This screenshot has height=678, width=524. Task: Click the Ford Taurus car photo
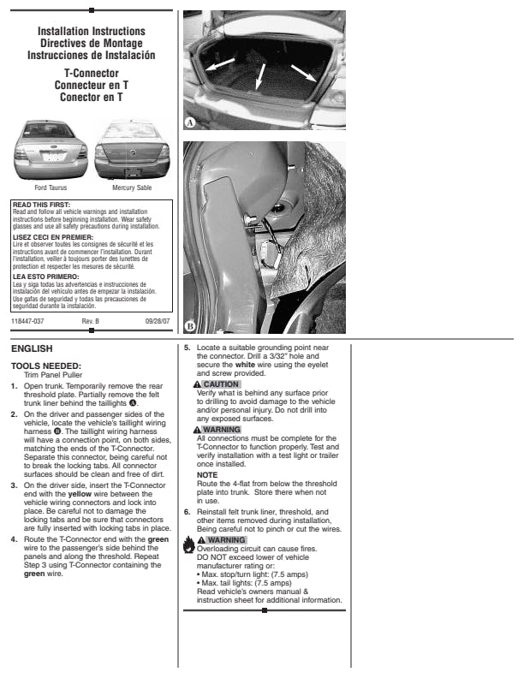click(x=51, y=151)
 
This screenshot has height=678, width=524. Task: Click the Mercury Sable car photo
click(x=130, y=151)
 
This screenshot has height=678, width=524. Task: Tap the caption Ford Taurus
click(x=51, y=187)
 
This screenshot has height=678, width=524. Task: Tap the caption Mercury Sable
click(x=130, y=187)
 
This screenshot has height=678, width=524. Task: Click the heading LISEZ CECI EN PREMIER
click(x=48, y=237)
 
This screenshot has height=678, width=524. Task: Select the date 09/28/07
click(x=158, y=320)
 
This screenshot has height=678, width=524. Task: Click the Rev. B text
click(x=91, y=320)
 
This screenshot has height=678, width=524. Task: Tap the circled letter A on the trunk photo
click(x=191, y=122)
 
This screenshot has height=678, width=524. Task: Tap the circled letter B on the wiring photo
click(x=191, y=326)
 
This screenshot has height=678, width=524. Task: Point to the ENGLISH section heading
click(x=32, y=348)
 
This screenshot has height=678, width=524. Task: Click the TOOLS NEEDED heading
click(x=45, y=366)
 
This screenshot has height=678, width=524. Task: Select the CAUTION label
click(x=220, y=384)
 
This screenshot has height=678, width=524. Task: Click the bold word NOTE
click(x=207, y=474)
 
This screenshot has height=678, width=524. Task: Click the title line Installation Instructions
click(x=92, y=32)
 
